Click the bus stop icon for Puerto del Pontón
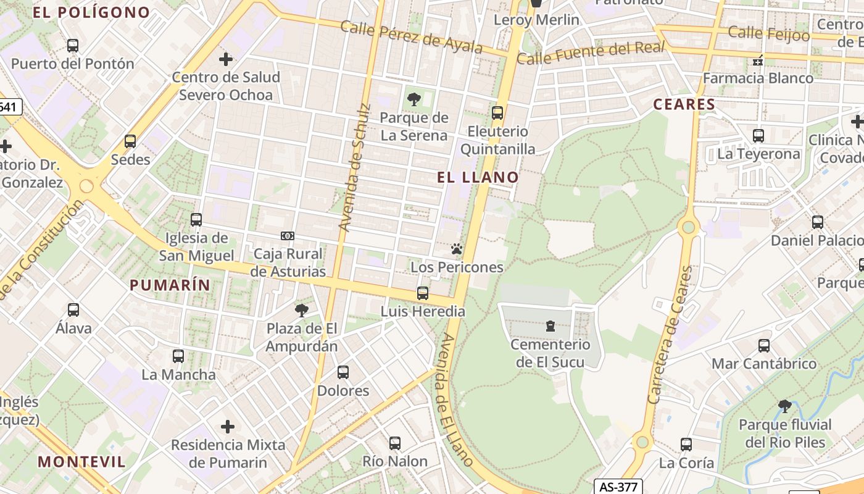[x=73, y=45]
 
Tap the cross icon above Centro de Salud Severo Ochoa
[x=226, y=59]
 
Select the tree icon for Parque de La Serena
[x=413, y=99]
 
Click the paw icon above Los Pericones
[x=457, y=249]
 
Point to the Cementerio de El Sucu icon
[x=550, y=326]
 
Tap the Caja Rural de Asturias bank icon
[x=287, y=236]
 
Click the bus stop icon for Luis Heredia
[x=423, y=293]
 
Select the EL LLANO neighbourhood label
[x=478, y=178]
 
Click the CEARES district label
[x=684, y=104]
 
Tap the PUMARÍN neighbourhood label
[x=170, y=285]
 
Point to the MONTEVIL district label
[x=81, y=462]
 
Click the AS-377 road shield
[x=618, y=487]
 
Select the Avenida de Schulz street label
[x=354, y=167]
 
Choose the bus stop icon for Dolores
[x=343, y=372]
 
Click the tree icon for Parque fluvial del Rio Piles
[x=784, y=406]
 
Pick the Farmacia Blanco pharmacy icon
[x=758, y=61]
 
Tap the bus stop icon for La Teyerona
[x=758, y=136]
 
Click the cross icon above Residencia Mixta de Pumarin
[x=228, y=427]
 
